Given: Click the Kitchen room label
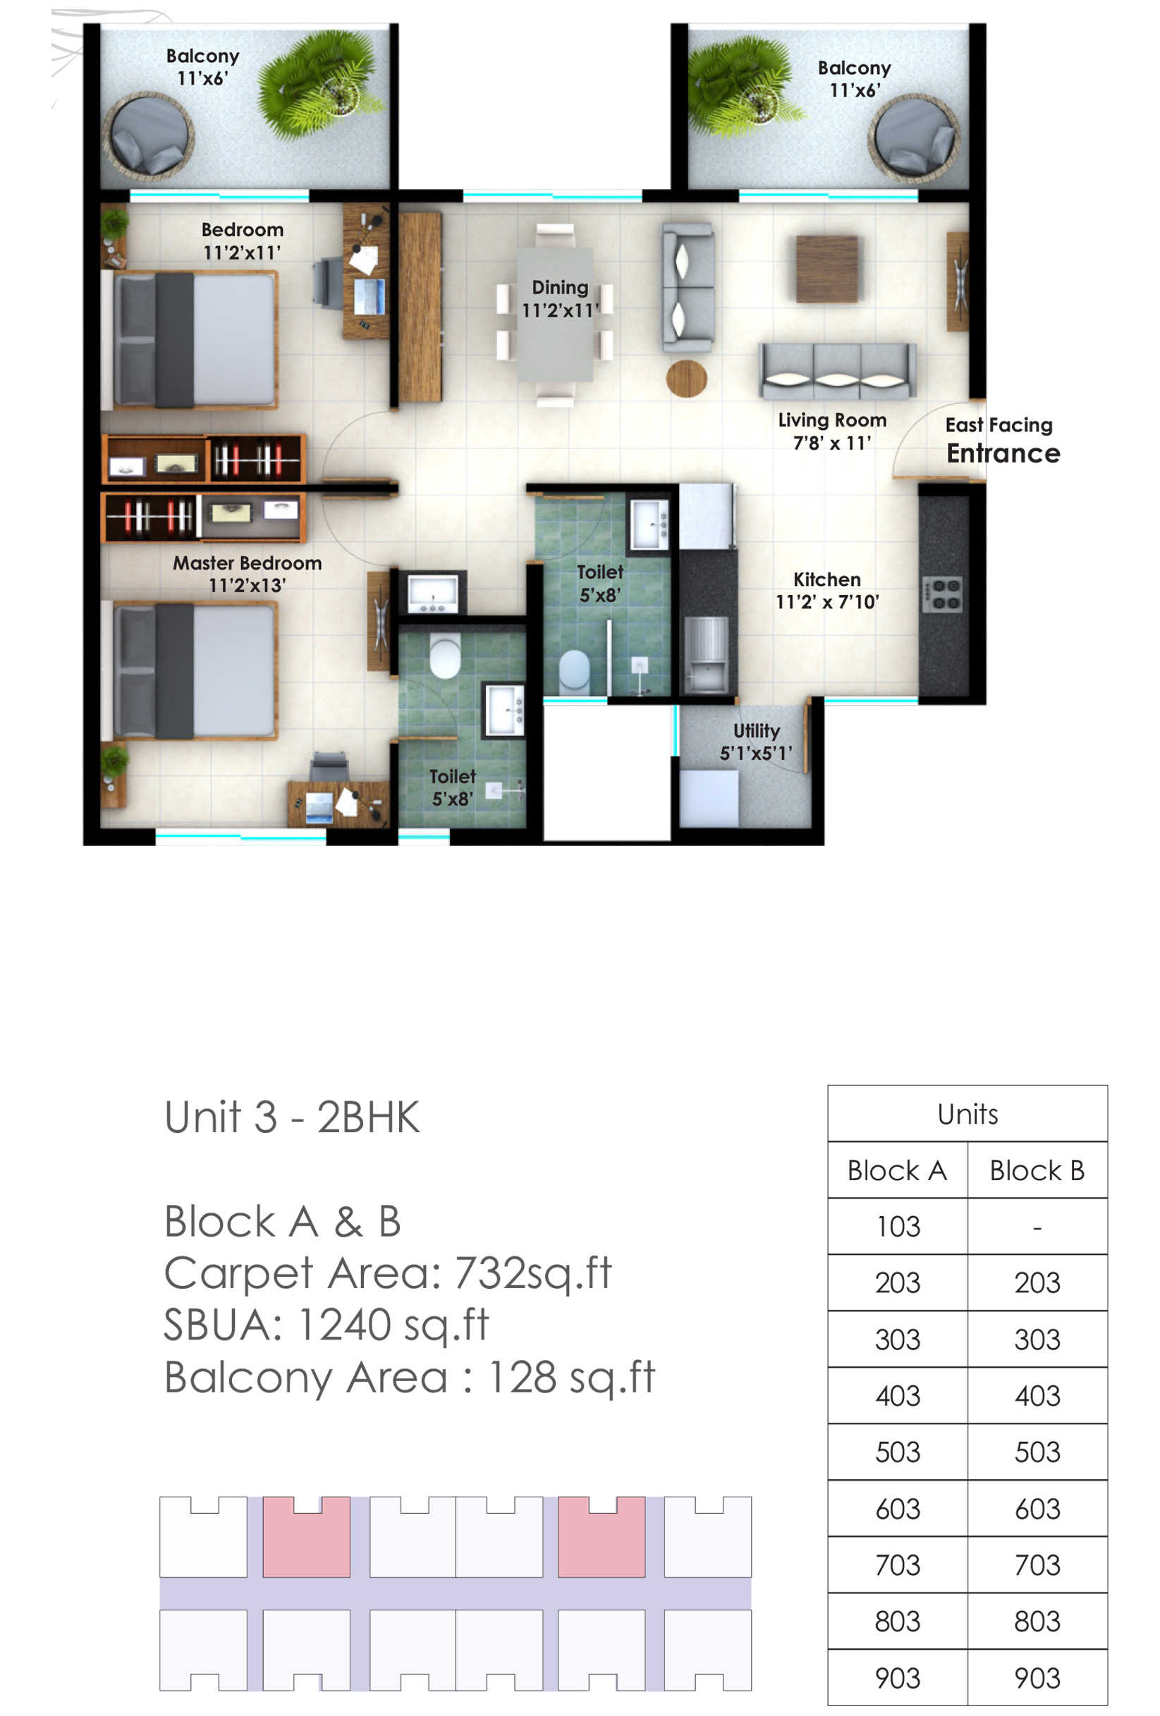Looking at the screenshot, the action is pos(827,579).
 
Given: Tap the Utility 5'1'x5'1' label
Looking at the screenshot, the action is pos(756,742).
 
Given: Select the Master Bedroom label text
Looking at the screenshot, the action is pos(248,563).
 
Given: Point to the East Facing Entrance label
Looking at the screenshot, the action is pos(1003,441).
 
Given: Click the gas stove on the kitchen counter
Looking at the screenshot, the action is pos(942,594).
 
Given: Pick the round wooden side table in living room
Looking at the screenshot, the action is pos(686,378).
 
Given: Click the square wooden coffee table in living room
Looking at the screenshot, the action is pos(827,269).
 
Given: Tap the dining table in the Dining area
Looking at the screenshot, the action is pos(554,314).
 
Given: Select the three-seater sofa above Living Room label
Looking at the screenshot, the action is pos(837,369).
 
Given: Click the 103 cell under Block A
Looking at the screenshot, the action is pos(897,1226).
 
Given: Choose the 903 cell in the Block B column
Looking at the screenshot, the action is pos(1037,1678).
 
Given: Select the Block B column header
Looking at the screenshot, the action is pos(1037,1170).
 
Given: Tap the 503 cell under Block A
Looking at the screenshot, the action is pos(897,1452).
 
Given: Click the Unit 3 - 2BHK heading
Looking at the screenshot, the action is pos(292,1117).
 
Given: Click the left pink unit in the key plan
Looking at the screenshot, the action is pos(306,1536).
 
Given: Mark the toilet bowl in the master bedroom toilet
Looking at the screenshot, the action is pos(444,657).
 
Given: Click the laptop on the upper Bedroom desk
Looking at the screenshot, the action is pos(369,295).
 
